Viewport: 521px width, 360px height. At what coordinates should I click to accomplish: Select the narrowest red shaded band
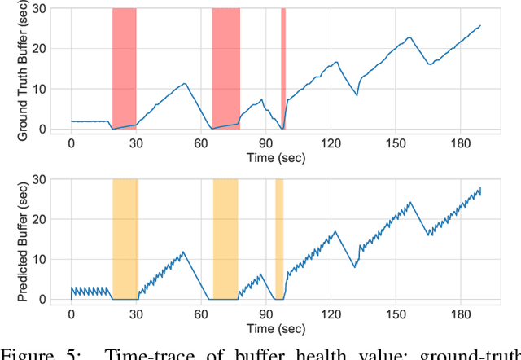tap(283, 69)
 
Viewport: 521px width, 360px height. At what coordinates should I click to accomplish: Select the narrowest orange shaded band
tap(279, 239)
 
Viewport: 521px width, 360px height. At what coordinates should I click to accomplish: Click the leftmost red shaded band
tap(124, 69)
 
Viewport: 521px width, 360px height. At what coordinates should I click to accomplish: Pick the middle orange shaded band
tap(225, 239)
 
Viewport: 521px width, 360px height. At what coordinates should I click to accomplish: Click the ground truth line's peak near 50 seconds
tap(185, 83)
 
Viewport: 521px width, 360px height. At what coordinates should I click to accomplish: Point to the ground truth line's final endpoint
tap(480, 25)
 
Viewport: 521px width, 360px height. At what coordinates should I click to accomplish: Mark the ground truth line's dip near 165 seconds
tap(431, 64)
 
